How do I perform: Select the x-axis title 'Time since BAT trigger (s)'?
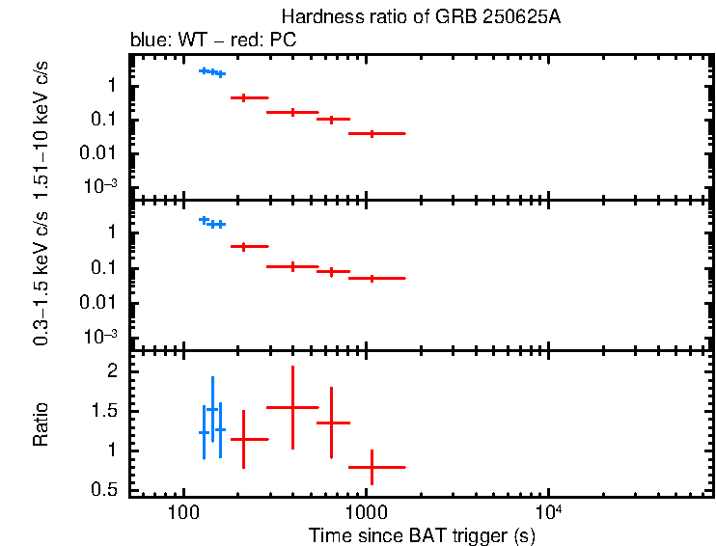[422, 534]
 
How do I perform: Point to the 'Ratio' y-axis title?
[41, 424]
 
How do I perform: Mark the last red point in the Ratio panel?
[372, 467]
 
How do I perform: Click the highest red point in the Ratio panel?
[292, 407]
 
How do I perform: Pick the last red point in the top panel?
[372, 133]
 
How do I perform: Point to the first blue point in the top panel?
[204, 70]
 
